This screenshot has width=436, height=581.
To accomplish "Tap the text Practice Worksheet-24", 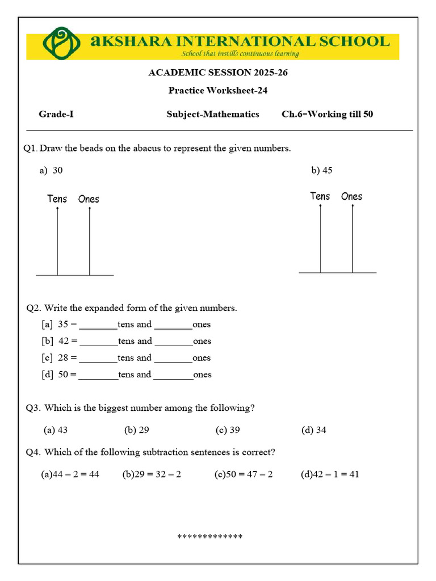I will coord(218,90).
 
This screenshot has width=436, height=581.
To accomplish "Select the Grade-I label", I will coord(56,114).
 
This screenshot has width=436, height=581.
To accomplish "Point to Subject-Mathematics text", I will coord(213,114).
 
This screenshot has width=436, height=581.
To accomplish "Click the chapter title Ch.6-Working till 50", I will coord(328,114).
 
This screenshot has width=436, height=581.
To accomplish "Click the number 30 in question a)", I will coord(57,170).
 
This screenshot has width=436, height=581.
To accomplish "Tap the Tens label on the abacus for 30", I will coord(57,199).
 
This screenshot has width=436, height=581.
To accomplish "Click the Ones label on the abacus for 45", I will coord(351,196).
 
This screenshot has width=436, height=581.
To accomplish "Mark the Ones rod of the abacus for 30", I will coord(90,242).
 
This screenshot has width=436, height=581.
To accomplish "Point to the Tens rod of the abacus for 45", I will coord(321,239).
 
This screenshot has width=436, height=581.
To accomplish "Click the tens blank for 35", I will coord(98,326).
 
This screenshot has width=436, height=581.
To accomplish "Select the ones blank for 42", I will coord(174,342).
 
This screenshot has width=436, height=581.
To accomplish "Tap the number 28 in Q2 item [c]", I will coord(63,358).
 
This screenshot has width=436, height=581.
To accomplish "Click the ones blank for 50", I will coord(173,376).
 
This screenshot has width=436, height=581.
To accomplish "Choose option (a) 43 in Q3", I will coord(56,430).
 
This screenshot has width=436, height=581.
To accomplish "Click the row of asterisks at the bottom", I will coord(210,537).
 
